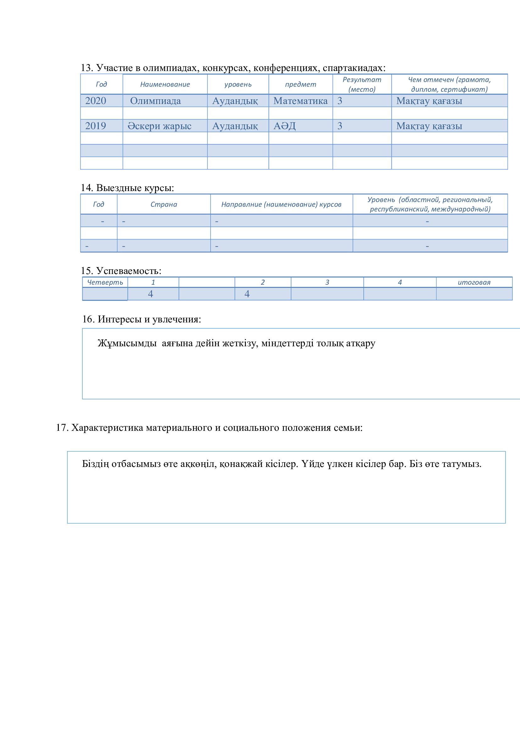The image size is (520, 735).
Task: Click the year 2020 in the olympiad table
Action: [96, 101]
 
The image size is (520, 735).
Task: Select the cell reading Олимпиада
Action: [155, 101]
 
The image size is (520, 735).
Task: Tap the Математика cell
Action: [300, 101]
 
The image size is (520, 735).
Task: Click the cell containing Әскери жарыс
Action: [159, 126]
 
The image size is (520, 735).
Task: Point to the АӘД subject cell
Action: [284, 126]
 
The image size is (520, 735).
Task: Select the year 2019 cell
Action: [96, 126]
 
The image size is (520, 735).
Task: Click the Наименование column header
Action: [165, 85]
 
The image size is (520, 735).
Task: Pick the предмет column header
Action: [300, 85]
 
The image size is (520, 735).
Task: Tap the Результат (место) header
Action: [362, 85]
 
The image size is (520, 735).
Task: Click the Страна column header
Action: [163, 205]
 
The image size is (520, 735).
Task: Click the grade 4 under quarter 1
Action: [151, 294]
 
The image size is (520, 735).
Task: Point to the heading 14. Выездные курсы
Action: [127, 188]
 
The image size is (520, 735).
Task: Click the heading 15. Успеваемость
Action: [121, 271]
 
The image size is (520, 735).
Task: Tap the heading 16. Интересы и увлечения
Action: [141, 319]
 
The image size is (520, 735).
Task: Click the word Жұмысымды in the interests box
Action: [127, 343]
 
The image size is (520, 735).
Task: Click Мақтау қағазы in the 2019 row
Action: [429, 126]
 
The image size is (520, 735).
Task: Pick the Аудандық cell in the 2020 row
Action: [235, 101]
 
